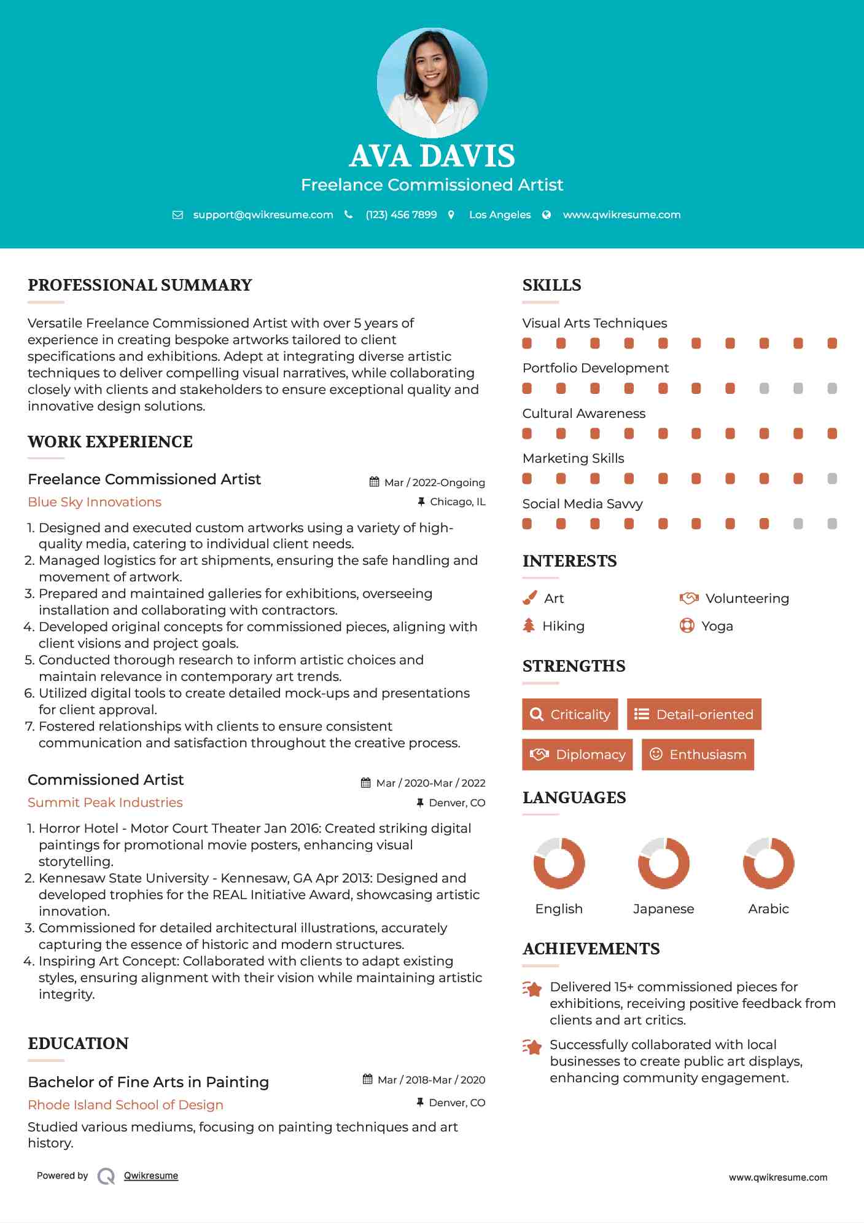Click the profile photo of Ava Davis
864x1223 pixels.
click(x=432, y=82)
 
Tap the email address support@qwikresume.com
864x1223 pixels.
click(x=263, y=214)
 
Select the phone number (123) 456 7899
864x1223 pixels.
click(x=401, y=214)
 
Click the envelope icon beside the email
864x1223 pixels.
click(x=177, y=214)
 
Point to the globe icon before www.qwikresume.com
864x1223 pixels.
click(x=547, y=214)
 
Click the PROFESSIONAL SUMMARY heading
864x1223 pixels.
click(x=140, y=285)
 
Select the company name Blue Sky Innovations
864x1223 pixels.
click(x=95, y=502)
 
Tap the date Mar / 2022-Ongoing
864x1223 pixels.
click(x=434, y=482)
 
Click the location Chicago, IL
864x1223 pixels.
click(x=457, y=502)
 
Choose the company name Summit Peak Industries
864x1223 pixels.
click(x=105, y=803)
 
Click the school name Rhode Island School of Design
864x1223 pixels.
click(x=125, y=1105)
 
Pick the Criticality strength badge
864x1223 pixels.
click(x=570, y=714)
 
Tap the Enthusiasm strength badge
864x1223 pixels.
click(x=698, y=755)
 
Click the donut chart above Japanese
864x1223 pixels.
click(x=663, y=863)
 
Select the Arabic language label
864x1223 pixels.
click(x=768, y=909)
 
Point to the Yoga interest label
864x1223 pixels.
click(x=717, y=626)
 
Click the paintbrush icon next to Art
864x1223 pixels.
click(x=529, y=598)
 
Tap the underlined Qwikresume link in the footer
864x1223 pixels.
click(x=151, y=1176)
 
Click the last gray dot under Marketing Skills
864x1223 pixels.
click(x=832, y=479)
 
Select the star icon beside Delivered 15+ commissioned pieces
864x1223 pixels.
click(x=532, y=989)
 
